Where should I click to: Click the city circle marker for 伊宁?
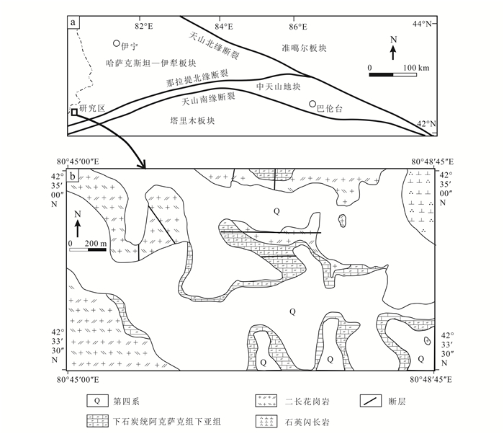tap(117, 43)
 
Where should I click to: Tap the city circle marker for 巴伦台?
tap(312, 104)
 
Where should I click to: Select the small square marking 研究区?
tap(74, 112)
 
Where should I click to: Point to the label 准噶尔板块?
tap(304, 48)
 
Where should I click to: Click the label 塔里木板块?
tap(192, 120)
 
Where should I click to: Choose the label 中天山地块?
tap(279, 87)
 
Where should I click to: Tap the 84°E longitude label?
tap(224, 27)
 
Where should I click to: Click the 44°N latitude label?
tap(422, 24)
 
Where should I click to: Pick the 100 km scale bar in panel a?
tap(393, 75)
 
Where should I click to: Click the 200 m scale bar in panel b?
tap(88, 249)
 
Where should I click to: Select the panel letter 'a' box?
tap(73, 22)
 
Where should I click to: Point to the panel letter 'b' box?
tap(73, 176)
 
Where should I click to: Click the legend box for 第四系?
tap(97, 401)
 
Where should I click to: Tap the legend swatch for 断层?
tap(371, 401)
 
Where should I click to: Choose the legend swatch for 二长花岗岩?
tap(266, 401)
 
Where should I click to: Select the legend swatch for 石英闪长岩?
tap(266, 421)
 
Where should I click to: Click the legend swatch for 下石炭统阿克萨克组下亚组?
tap(97, 421)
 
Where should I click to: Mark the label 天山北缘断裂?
tap(214, 45)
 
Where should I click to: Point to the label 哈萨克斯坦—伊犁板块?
tap(151, 63)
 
